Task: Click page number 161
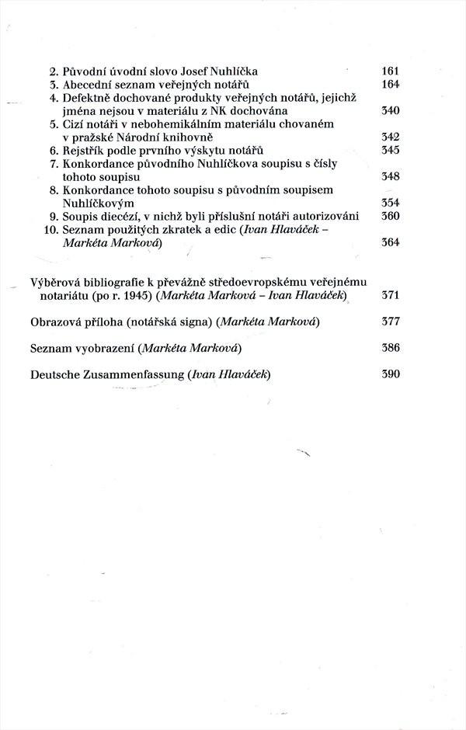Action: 390,71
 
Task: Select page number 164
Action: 390,84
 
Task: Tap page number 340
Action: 390,111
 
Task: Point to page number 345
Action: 390,150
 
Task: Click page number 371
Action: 390,296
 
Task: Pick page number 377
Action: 390,322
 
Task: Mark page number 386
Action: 390,348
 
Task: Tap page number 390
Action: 390,374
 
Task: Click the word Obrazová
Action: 56,322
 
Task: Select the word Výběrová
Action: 57,283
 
